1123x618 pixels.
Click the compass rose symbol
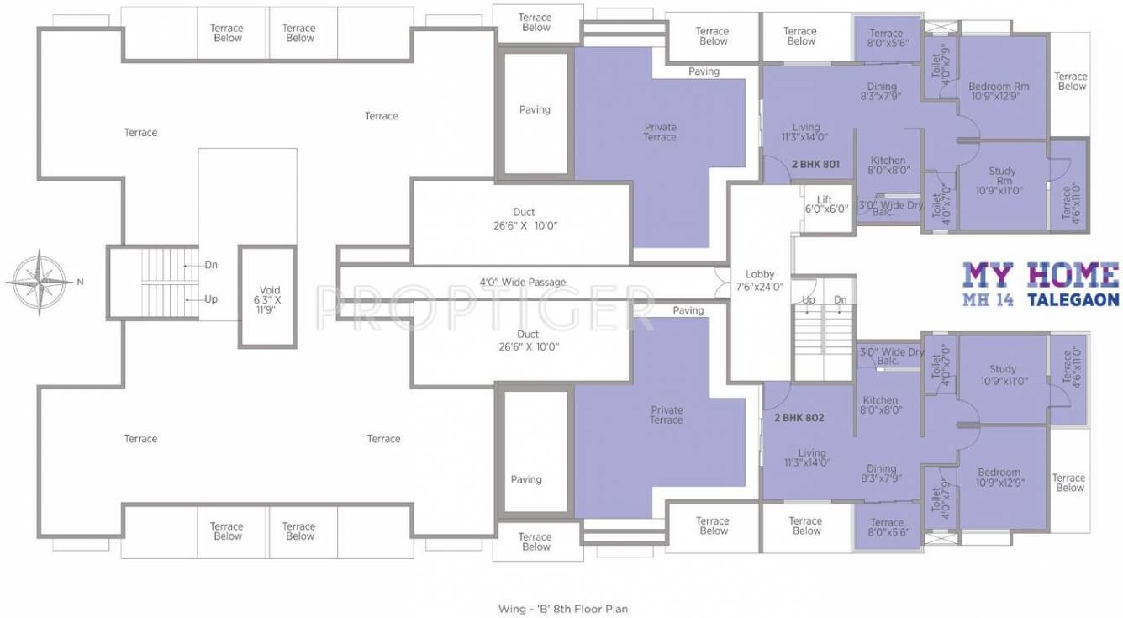click(37, 283)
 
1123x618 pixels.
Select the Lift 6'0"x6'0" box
click(826, 204)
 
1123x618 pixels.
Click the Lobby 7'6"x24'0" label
click(760, 280)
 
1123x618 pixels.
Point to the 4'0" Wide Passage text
click(522, 283)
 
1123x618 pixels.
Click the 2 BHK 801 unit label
click(815, 165)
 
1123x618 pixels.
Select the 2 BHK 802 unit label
click(799, 417)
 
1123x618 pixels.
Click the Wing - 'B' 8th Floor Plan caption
click(562, 608)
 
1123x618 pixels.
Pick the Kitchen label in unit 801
click(888, 166)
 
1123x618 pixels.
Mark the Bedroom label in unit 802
click(999, 478)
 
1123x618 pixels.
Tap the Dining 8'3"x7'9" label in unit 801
click(881, 92)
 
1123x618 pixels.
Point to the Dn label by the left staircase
click(211, 265)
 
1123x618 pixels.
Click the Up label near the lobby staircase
click(809, 300)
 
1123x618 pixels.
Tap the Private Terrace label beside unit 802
click(666, 415)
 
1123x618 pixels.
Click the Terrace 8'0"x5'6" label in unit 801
click(886, 39)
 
